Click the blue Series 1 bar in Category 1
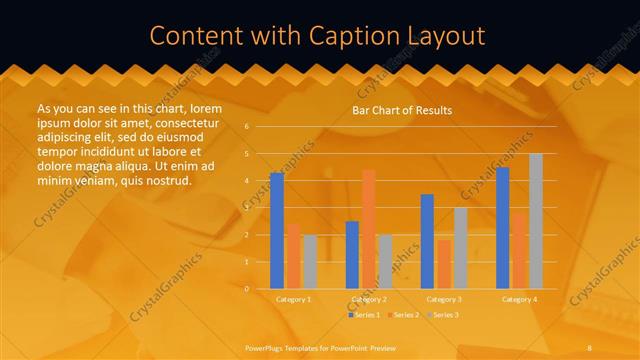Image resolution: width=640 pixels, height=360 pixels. (x=277, y=231)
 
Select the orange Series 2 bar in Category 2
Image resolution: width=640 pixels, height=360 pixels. (x=368, y=229)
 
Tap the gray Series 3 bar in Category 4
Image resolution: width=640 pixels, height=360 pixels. (x=536, y=221)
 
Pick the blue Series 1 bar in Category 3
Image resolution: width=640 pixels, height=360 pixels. (x=427, y=241)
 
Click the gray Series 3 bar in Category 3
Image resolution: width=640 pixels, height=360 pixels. (x=460, y=248)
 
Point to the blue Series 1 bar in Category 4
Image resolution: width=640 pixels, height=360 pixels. (x=502, y=228)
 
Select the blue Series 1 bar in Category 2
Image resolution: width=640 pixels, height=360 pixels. (x=352, y=255)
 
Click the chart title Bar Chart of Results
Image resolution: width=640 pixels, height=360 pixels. (x=402, y=110)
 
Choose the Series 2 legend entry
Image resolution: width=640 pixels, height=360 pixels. (x=403, y=315)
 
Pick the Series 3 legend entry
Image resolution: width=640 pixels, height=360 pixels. (x=445, y=315)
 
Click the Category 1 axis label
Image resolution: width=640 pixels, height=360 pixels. (x=293, y=299)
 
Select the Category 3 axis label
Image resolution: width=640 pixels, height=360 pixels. (x=443, y=299)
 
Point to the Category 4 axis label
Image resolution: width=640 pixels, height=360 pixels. (x=518, y=299)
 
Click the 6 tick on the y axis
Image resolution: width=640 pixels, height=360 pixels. (x=246, y=127)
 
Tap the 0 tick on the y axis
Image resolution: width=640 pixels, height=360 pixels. (x=246, y=289)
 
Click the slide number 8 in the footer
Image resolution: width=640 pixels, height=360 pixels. (x=590, y=347)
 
